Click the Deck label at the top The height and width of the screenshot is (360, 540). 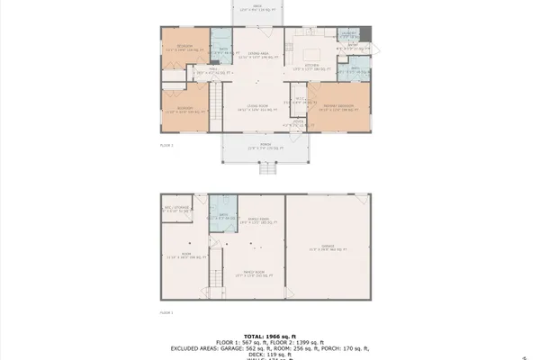point(258,6)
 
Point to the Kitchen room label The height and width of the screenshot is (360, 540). point(314,66)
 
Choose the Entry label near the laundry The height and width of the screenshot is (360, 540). point(353,45)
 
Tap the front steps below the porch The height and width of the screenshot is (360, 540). point(266,167)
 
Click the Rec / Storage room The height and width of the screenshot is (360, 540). point(175,210)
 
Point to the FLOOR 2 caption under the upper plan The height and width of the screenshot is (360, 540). point(166,144)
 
